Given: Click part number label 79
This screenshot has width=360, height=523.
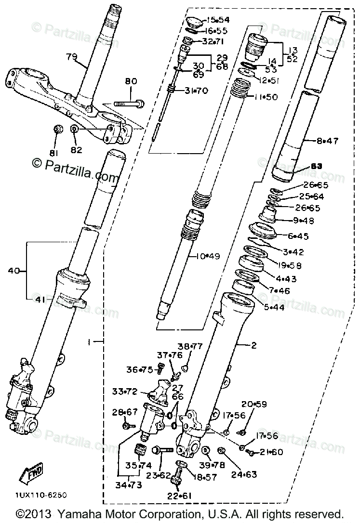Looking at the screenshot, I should click(x=71, y=57).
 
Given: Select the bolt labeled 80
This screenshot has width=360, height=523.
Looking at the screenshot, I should click(x=130, y=103).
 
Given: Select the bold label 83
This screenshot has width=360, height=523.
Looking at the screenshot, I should click(x=315, y=166).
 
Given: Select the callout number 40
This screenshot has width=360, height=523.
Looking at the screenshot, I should click(x=14, y=271).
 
